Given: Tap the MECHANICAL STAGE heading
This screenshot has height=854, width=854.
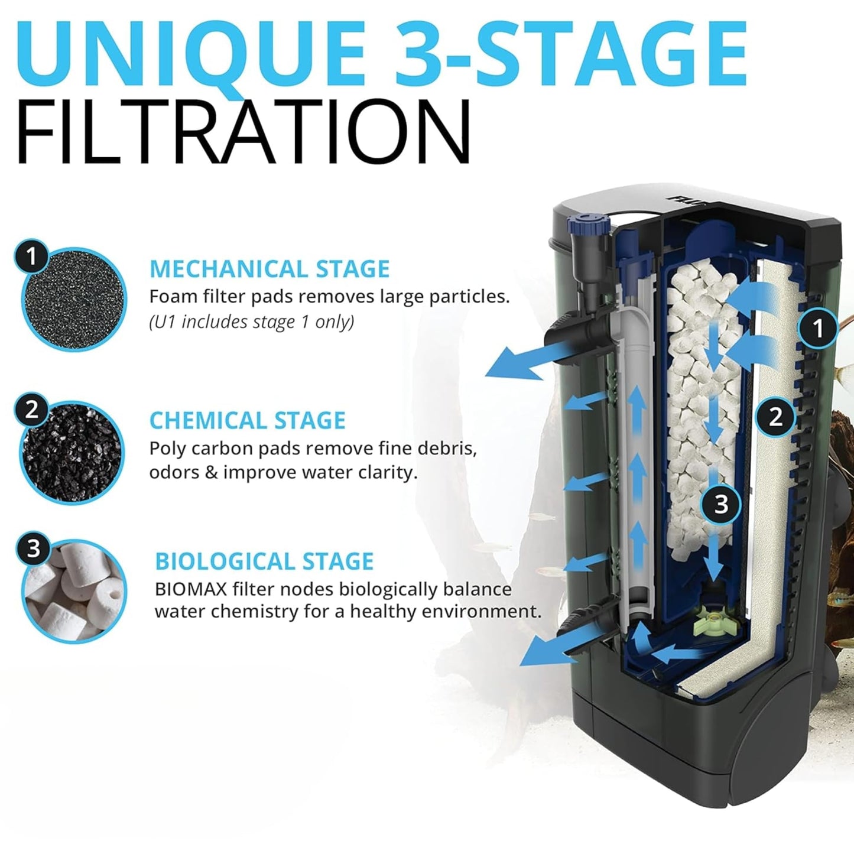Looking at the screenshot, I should [x=269, y=269].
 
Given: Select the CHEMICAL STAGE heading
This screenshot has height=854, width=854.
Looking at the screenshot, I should [x=247, y=421].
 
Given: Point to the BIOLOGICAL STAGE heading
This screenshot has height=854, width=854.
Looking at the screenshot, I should [x=264, y=561].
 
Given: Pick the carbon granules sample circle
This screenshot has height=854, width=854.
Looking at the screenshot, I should [x=72, y=452].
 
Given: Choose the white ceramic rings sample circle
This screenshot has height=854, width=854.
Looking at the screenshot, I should [x=74, y=591].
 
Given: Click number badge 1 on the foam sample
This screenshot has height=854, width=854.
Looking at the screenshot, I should [x=31, y=256].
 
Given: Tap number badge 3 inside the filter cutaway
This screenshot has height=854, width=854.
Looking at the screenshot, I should [x=721, y=504].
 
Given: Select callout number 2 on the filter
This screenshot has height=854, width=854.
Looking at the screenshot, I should [x=775, y=417].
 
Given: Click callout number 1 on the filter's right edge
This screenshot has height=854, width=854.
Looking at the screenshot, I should [x=818, y=327].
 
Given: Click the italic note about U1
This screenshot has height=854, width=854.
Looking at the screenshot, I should [x=251, y=322].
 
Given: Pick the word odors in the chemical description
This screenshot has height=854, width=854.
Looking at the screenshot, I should [x=174, y=473].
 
